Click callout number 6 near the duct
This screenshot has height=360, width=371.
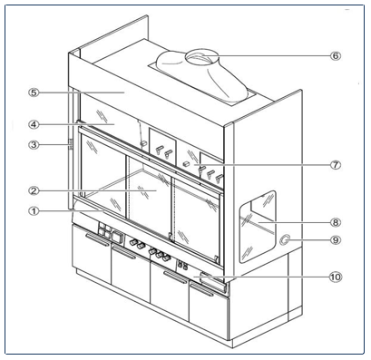pyautogui.click(x=335, y=55)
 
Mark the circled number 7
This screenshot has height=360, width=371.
pyautogui.click(x=335, y=165)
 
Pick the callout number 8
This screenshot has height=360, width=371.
pyautogui.click(x=335, y=220)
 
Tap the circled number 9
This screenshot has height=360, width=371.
pyautogui.click(x=335, y=241)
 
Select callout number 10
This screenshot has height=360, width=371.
pyautogui.click(x=335, y=277)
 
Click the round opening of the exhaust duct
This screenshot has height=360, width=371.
pyautogui.click(x=199, y=61)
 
